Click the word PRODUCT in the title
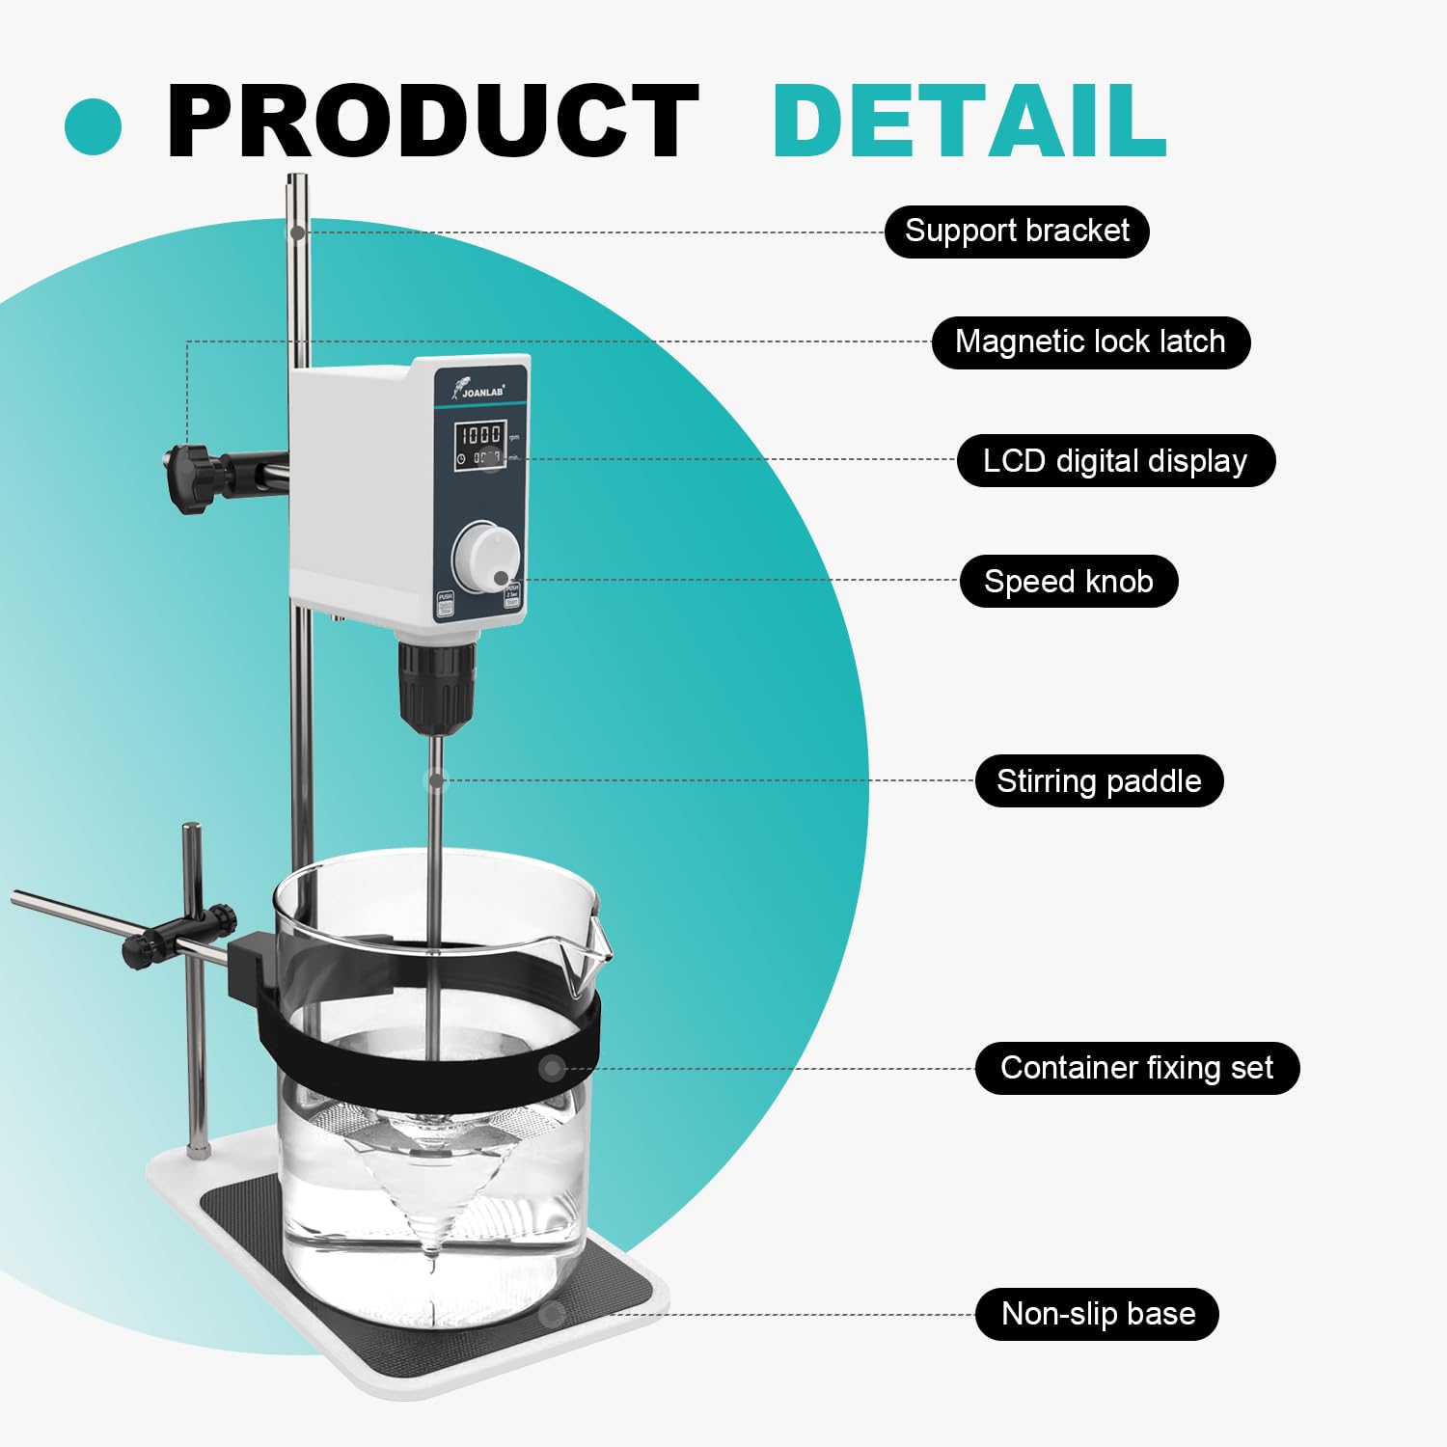tap(431, 122)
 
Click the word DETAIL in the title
tap(969, 122)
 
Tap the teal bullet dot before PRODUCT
tap(94, 126)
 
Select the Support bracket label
tap(1017, 232)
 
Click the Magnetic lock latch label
tap(1090, 342)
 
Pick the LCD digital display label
tap(1115, 461)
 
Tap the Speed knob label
tap(1068, 582)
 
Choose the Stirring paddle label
tap(1099, 781)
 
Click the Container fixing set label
tap(1136, 1069)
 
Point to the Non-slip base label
tap(1097, 1314)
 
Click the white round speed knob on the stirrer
tap(485, 558)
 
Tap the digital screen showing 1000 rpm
tap(481, 445)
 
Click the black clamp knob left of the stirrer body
tap(192, 477)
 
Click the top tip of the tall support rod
tap(297, 179)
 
